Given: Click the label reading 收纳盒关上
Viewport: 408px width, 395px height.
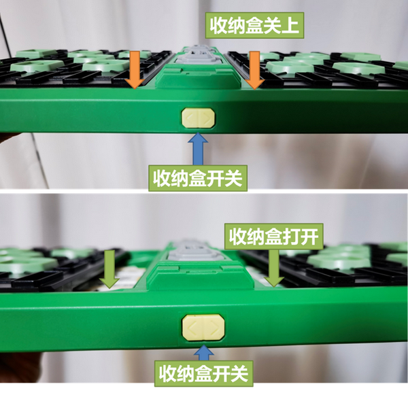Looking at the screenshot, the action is [x=254, y=26].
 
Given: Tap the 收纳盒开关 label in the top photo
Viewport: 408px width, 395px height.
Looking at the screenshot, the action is [x=198, y=178].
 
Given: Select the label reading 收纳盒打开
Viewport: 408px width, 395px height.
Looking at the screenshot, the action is [x=274, y=237].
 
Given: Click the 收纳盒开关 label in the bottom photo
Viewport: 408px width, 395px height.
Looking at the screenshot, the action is [x=204, y=373].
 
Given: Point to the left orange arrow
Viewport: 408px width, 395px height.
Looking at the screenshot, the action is [x=135, y=70].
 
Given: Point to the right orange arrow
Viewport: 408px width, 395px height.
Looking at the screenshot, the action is [x=254, y=70].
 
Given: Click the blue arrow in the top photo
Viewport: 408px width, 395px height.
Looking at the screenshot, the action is [x=198, y=148].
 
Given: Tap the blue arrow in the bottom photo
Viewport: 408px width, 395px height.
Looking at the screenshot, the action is [x=204, y=353].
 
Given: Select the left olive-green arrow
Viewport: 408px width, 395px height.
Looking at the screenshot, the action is [x=109, y=269].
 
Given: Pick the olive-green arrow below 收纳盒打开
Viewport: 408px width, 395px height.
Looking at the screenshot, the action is [x=274, y=268].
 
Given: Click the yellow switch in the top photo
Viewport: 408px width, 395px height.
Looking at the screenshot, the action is [x=199, y=118].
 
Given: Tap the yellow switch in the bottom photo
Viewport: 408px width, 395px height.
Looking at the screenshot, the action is [x=203, y=328].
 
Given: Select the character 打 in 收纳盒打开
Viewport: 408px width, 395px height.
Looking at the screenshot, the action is [x=292, y=237].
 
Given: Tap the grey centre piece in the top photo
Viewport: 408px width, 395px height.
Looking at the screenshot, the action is [x=198, y=56].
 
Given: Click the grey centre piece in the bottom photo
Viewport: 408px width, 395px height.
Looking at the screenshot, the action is [x=195, y=251].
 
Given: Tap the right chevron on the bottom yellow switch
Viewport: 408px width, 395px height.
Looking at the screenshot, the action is [x=214, y=327].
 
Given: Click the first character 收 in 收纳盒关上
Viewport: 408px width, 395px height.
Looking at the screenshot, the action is [x=219, y=26].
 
